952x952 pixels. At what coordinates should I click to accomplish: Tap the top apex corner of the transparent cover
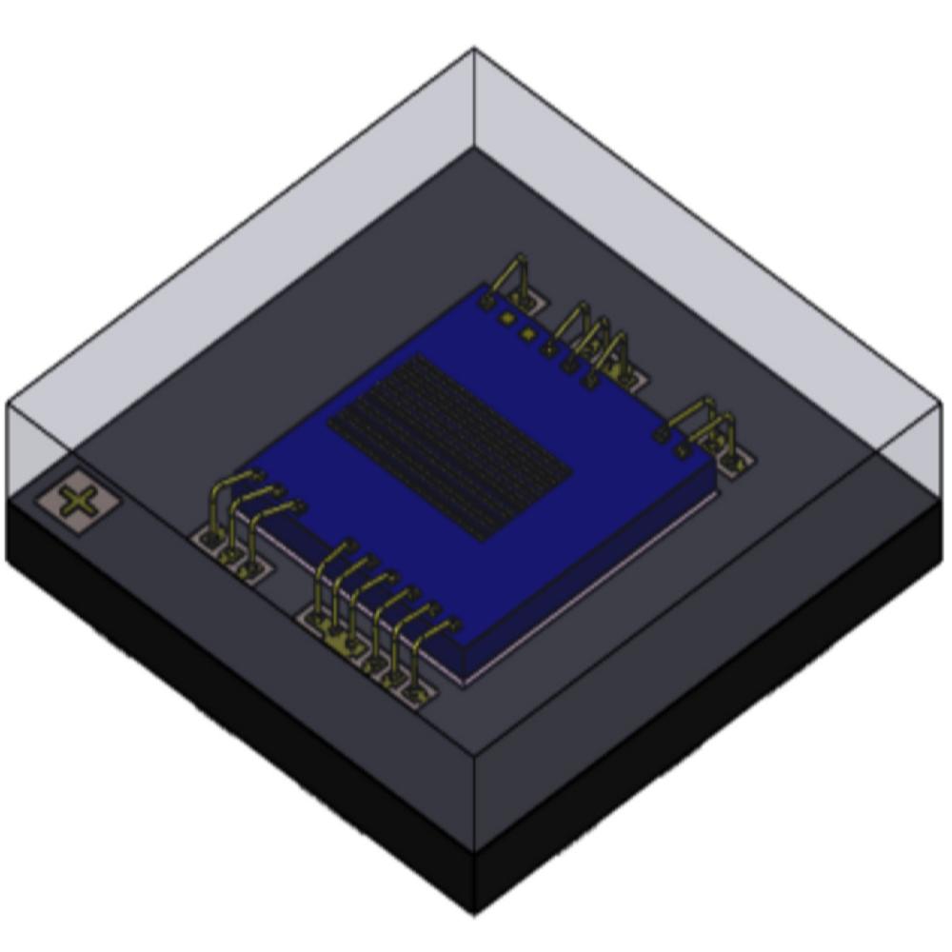pos(474,50)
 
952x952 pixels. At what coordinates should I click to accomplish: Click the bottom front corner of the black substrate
pos(474,914)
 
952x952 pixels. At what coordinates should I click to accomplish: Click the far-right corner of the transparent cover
pos(941,405)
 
